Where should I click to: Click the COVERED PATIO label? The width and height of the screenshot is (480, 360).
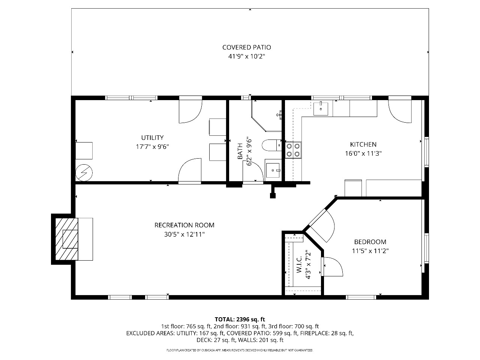point(246,47)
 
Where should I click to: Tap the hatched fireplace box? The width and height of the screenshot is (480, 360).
point(66,239)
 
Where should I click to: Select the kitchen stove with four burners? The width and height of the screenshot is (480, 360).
point(293,150)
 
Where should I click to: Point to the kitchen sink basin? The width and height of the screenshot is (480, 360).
point(321,108)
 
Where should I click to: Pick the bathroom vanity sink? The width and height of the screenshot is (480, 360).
point(273,170)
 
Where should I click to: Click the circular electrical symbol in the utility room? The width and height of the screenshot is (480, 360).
point(84,172)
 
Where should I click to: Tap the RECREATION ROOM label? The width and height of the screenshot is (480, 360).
point(184,225)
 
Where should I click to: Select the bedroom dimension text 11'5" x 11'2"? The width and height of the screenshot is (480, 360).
point(370,251)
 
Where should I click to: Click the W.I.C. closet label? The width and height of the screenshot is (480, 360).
point(299,264)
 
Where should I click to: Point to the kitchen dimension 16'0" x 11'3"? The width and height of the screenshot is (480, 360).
point(363,153)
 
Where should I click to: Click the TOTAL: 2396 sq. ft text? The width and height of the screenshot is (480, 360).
point(240,319)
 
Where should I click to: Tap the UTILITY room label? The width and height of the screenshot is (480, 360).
point(152,138)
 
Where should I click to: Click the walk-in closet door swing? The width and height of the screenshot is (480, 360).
point(332,267)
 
